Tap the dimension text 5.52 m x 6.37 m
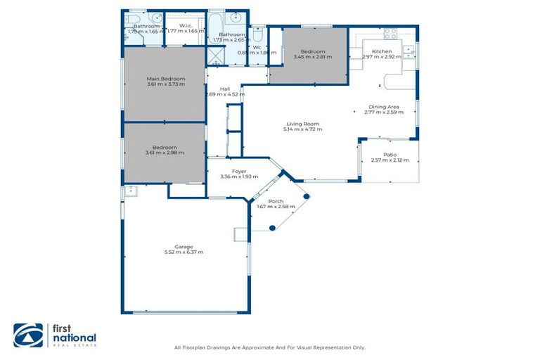184,252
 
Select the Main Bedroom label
166,78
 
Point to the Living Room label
303,124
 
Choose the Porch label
276,200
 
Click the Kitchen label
382,51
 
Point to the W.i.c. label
186,26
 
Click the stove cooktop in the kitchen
390,33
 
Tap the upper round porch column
306,196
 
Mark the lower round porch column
273,228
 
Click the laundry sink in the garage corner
130,191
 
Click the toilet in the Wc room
257,36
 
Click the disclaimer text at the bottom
269,348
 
